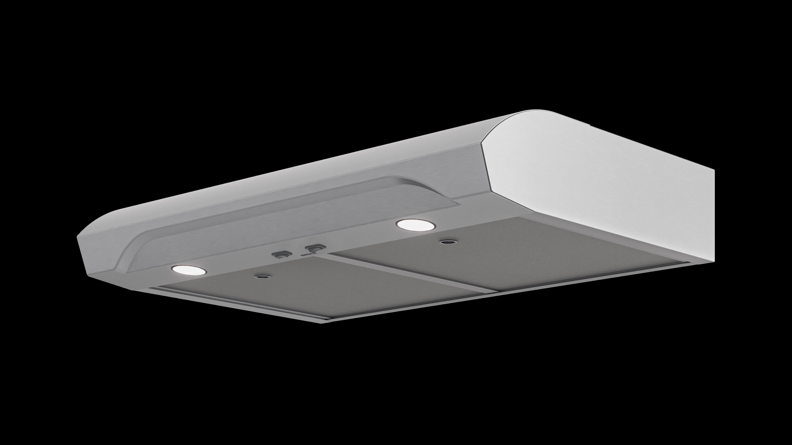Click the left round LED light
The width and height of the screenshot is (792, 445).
click(x=189, y=270)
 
